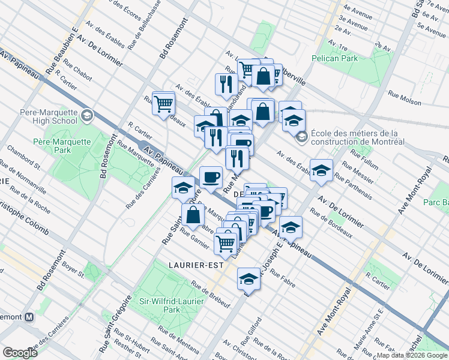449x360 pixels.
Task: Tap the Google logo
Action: (x=20, y=353)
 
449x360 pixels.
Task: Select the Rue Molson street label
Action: (x=403, y=94)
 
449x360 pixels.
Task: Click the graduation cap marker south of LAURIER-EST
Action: (x=249, y=278)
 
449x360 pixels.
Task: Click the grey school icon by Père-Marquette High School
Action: (x=87, y=115)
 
